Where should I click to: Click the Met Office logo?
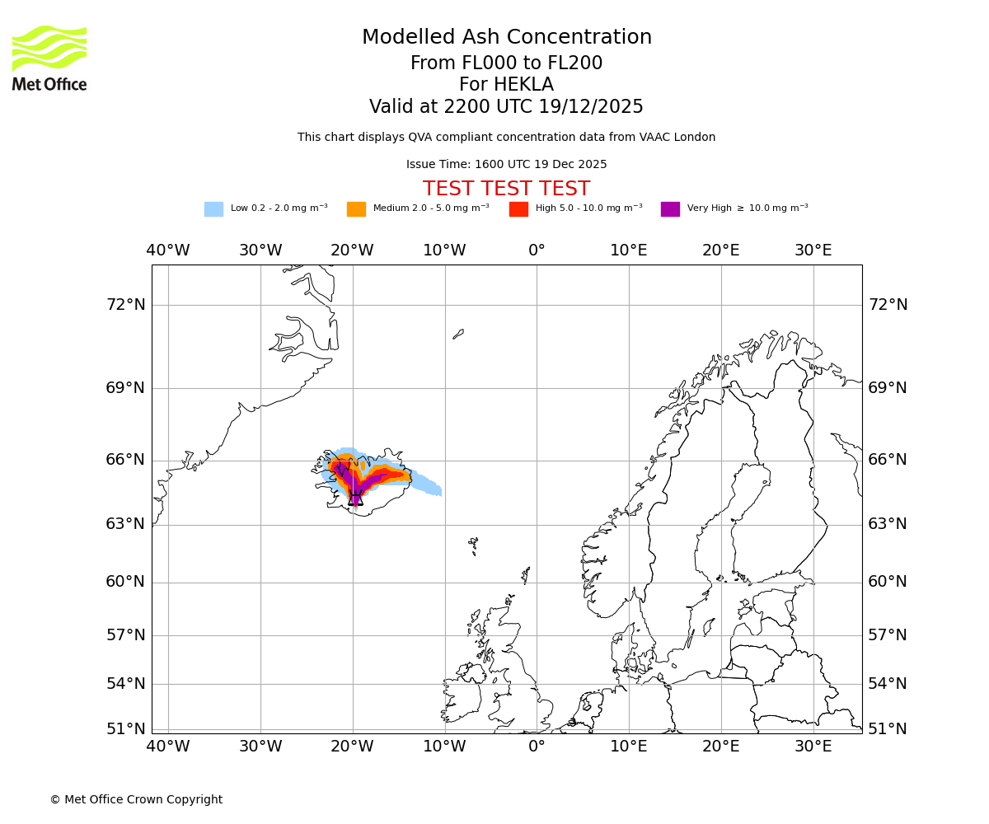pos(49,58)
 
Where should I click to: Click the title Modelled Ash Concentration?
pos(506,38)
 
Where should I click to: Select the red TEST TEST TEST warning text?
pos(506,189)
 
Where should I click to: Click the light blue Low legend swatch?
pos(213,209)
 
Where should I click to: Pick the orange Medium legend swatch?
pos(356,209)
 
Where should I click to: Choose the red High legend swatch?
pos(518,209)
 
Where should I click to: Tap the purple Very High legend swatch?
pos(670,209)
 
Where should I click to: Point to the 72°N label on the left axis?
pos(125,305)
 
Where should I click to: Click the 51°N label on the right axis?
pos(887,729)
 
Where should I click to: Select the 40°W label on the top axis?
pos(168,250)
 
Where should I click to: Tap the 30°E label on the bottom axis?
pos(813,747)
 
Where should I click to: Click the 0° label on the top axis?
pos(537,250)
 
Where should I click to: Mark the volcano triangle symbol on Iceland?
pos(355,498)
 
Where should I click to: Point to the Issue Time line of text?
pos(506,165)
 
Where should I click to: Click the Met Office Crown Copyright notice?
pos(136,800)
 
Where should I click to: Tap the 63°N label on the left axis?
pos(125,524)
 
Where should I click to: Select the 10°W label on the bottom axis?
pos(445,747)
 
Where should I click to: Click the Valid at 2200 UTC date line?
pos(506,107)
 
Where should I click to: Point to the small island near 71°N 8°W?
pos(458,334)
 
